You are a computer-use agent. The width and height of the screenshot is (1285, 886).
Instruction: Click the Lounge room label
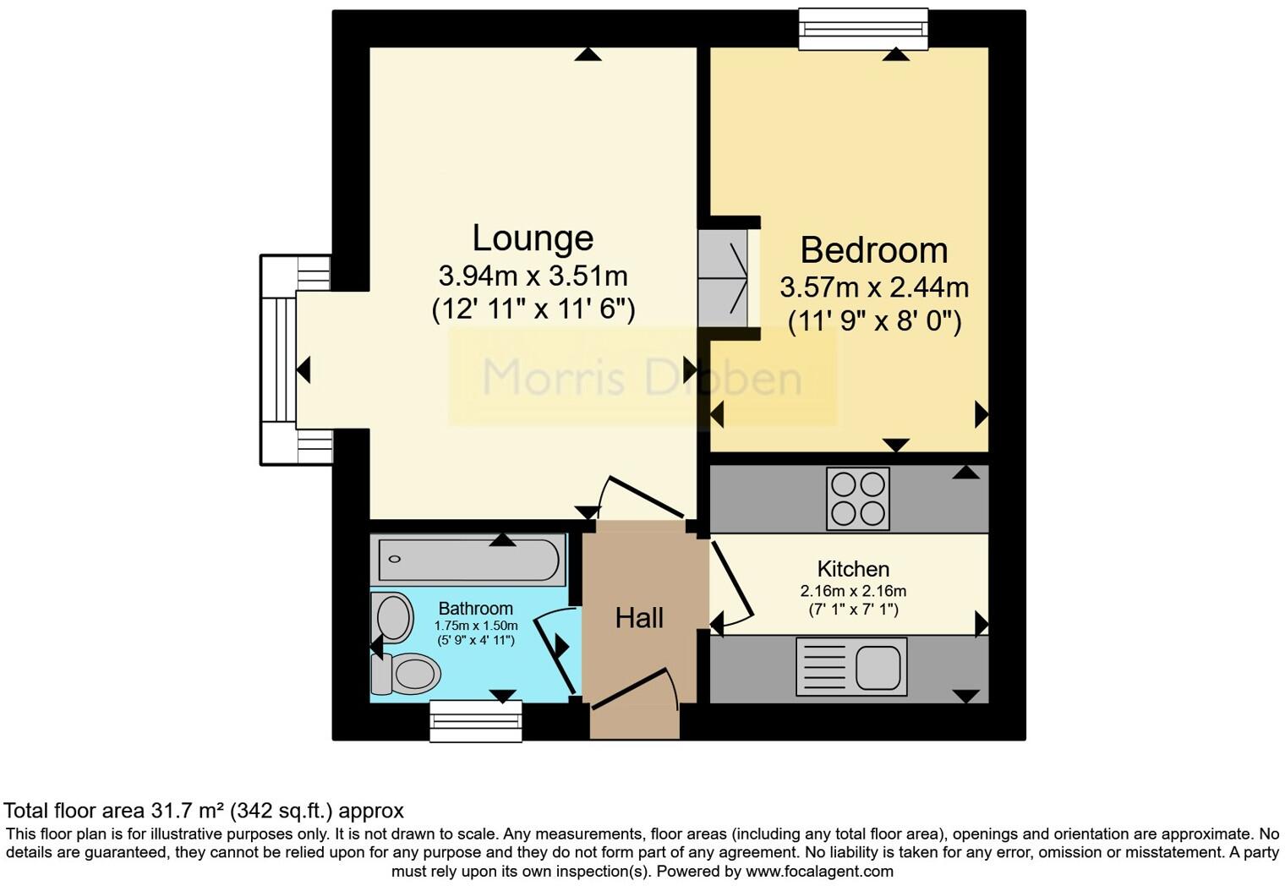pos(533,238)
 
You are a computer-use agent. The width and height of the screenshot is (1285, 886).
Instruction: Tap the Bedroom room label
pos(873,250)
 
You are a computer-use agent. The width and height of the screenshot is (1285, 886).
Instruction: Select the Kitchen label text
pos(853,569)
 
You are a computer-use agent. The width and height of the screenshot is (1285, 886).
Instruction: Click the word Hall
pos(639,618)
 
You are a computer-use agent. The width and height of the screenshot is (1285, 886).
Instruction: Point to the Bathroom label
pos(475,609)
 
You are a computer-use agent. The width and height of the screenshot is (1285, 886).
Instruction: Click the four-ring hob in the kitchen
pos(858,498)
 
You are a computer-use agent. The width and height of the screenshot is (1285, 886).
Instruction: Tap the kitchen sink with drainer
pos(851,666)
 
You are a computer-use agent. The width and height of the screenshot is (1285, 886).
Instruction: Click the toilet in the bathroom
pos(409,674)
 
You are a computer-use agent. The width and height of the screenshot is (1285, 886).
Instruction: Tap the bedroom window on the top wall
pos(863,30)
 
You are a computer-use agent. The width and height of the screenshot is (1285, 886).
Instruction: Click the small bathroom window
pos(476,721)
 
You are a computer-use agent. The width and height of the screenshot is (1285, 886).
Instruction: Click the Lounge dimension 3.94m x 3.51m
pos(533,276)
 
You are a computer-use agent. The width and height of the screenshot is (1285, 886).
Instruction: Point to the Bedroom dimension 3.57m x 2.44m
pos(873,287)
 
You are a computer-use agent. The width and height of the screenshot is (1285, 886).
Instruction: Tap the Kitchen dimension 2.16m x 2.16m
pos(853,591)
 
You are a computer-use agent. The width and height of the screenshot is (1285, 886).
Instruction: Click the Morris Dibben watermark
pos(642,377)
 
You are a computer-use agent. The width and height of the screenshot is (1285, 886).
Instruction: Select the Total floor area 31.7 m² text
pos(204,811)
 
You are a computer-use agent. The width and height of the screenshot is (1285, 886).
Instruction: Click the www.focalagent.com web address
pos(819,871)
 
